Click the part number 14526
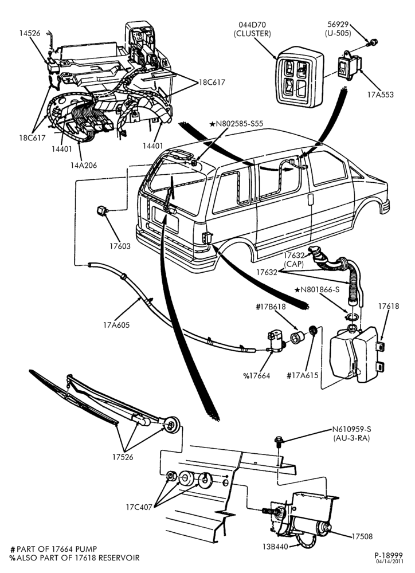(x=30, y=33)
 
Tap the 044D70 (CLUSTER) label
(x=252, y=29)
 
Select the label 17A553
(x=380, y=95)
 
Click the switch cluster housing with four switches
(x=300, y=77)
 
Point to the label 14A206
(x=84, y=165)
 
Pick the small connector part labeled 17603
(x=101, y=211)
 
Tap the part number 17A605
(x=116, y=325)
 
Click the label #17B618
(x=271, y=307)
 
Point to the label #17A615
(x=303, y=375)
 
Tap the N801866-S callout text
(x=317, y=290)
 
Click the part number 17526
(x=123, y=457)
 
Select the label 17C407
(x=139, y=507)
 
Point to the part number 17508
(x=362, y=536)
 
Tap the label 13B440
(x=275, y=547)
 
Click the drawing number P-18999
(x=388, y=555)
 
